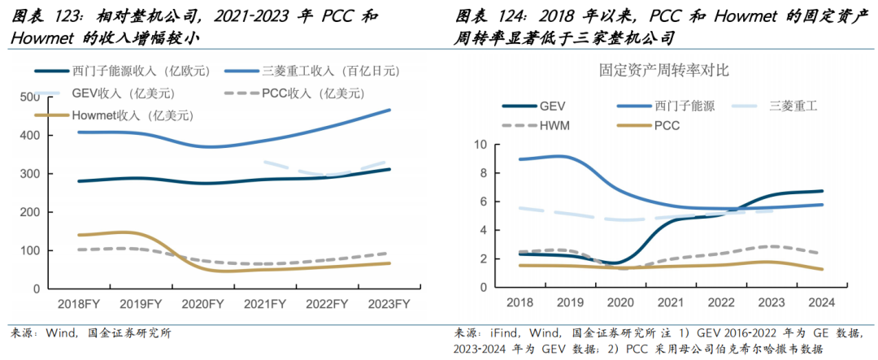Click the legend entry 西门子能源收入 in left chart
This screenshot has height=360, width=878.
point(122,71)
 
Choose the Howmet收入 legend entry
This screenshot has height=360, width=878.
point(115,115)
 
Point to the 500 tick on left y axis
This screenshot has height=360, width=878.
point(29,98)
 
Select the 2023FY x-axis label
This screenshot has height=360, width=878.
point(389,304)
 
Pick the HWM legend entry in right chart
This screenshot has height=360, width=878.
point(536,126)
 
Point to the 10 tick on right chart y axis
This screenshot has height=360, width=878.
point(480,145)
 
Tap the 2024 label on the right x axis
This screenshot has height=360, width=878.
point(822,302)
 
